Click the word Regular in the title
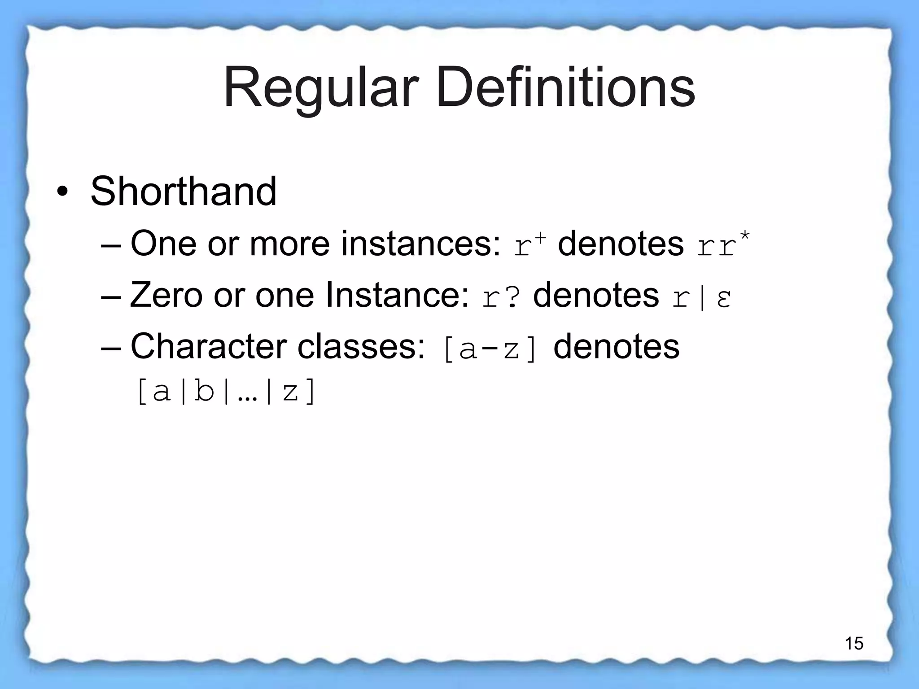click(321, 88)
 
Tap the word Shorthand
click(183, 192)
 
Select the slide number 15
click(854, 643)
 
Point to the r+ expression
click(530, 245)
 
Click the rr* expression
click(722, 245)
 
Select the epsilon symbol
click(723, 298)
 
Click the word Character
click(208, 347)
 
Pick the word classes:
click(361, 347)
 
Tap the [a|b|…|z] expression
click(226, 392)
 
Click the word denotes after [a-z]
click(616, 347)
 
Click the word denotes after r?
click(595, 295)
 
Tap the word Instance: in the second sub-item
click(397, 295)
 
